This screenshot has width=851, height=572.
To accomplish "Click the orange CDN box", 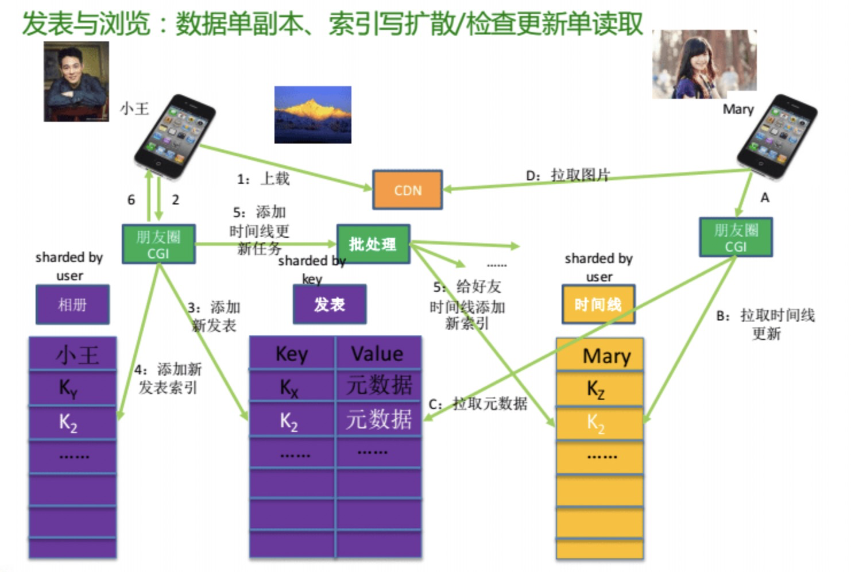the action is pos(408,190).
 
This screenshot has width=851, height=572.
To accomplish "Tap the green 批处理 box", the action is pos(373,244).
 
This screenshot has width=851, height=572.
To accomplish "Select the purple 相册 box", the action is pos(72,304).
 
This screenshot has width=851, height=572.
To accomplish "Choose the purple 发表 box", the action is pos(330,304).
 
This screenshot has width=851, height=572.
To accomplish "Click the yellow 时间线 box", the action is pos(598,304).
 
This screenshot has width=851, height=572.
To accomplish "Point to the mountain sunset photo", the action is pos(313,115).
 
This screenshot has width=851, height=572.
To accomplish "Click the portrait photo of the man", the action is pos(76,82).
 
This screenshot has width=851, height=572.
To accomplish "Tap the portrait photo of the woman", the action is pos(705,64).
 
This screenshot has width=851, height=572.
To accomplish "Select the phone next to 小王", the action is pos(175,136).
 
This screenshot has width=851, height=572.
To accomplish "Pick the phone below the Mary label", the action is pos(777,136).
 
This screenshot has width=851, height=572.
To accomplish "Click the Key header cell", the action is pos(292,353).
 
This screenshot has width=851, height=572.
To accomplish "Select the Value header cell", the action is pos(378,353).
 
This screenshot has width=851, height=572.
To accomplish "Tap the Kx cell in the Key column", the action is pos(292,385).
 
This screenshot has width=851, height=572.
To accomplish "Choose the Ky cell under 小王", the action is pos(72,388).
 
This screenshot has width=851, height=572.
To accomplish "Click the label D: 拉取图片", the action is pos(567,175).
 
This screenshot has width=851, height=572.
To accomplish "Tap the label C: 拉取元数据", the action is pos(478,404).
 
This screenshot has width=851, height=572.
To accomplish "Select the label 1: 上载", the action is pos(263,179).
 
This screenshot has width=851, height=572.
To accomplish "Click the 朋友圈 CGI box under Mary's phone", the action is pos(736,237).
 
